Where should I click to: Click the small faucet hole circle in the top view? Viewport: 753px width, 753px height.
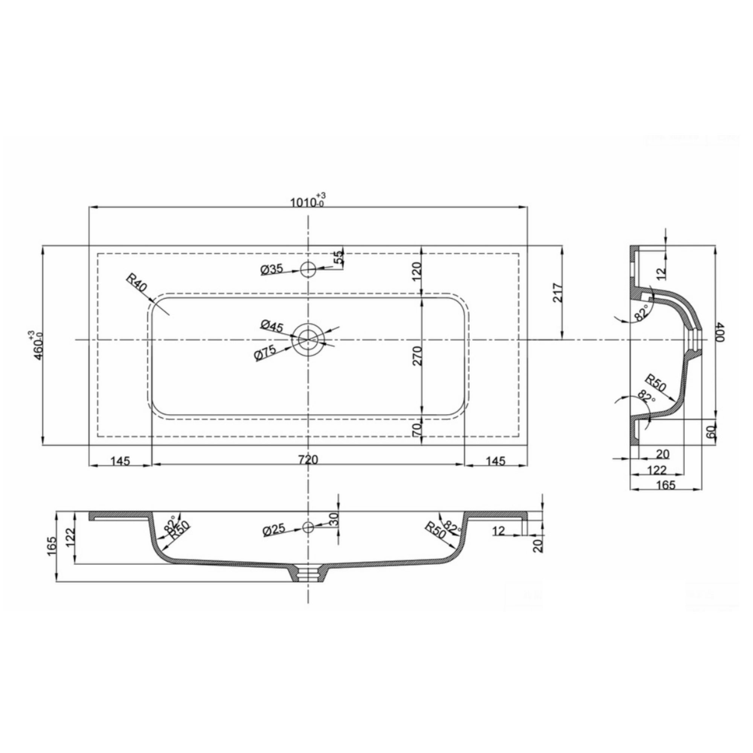point(308,269)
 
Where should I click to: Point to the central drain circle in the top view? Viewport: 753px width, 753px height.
point(308,340)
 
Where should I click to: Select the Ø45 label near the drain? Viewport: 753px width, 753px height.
point(272,326)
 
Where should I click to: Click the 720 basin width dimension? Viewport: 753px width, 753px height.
point(308,460)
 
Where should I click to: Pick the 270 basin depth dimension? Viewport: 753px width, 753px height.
point(418,356)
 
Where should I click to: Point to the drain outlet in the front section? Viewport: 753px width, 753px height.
point(308,575)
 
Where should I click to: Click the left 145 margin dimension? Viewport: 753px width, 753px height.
point(120,462)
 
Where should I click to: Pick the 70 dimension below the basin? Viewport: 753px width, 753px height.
point(417,430)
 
